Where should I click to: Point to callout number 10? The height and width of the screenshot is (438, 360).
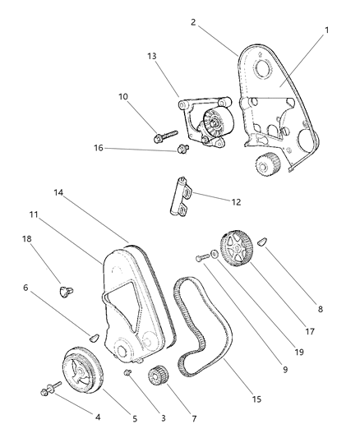[x=123, y=97]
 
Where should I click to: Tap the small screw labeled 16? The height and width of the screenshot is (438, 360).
[x=183, y=149]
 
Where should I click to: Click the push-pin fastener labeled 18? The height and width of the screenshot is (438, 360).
[x=63, y=290]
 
